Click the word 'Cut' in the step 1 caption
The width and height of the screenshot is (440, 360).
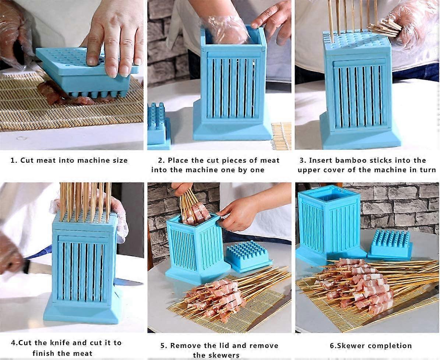pos(27,160)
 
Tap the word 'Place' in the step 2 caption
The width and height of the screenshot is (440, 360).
pos(179,160)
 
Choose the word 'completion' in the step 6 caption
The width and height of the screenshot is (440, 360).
pos(390,346)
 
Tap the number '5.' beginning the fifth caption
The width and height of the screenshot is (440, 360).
pos(163,346)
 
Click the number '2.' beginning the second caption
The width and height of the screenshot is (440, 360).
pos(161,160)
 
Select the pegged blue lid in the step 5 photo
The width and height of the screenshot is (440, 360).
pos(247,255)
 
